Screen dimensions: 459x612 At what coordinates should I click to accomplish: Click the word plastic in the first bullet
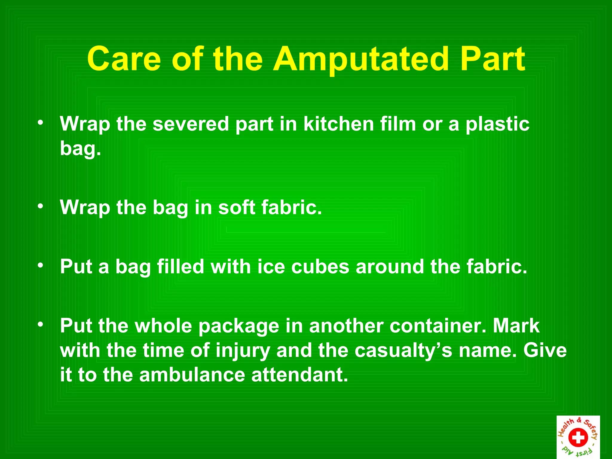(498, 124)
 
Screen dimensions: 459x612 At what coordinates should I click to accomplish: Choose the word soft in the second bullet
(236, 207)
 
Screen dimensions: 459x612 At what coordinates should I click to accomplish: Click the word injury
(243, 351)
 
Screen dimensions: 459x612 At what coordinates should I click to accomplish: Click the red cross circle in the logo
(578, 437)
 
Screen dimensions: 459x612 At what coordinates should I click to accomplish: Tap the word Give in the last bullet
(545, 350)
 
